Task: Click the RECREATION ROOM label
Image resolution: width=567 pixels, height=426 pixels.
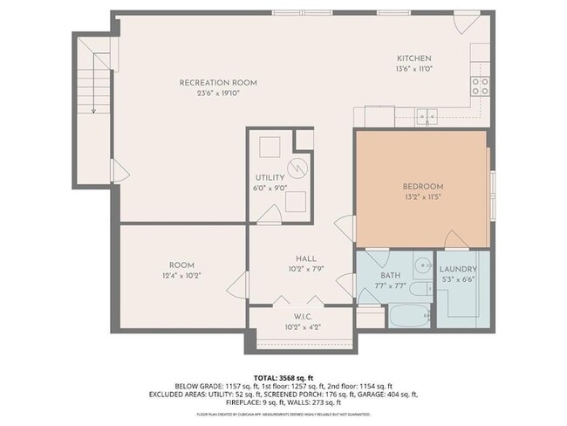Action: pos(218,83)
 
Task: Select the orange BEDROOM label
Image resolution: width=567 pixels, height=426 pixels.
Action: pos(423,186)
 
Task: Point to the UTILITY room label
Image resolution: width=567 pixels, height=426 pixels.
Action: pos(270,177)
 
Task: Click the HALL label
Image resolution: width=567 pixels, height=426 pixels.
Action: pos(305,258)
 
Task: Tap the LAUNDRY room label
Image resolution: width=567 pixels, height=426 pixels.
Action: pos(457,269)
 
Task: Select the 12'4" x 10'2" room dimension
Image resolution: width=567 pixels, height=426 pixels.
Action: pos(181,275)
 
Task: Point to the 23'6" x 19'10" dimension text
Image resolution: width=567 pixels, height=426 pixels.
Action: pos(218,93)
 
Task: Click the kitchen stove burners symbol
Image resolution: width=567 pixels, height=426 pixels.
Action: pos(480,85)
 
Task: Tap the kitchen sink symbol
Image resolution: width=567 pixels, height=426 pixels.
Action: pos(426,113)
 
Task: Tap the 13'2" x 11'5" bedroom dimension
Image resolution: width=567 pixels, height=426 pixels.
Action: pos(423,196)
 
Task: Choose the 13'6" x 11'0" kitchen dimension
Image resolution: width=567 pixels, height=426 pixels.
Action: pos(415,67)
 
